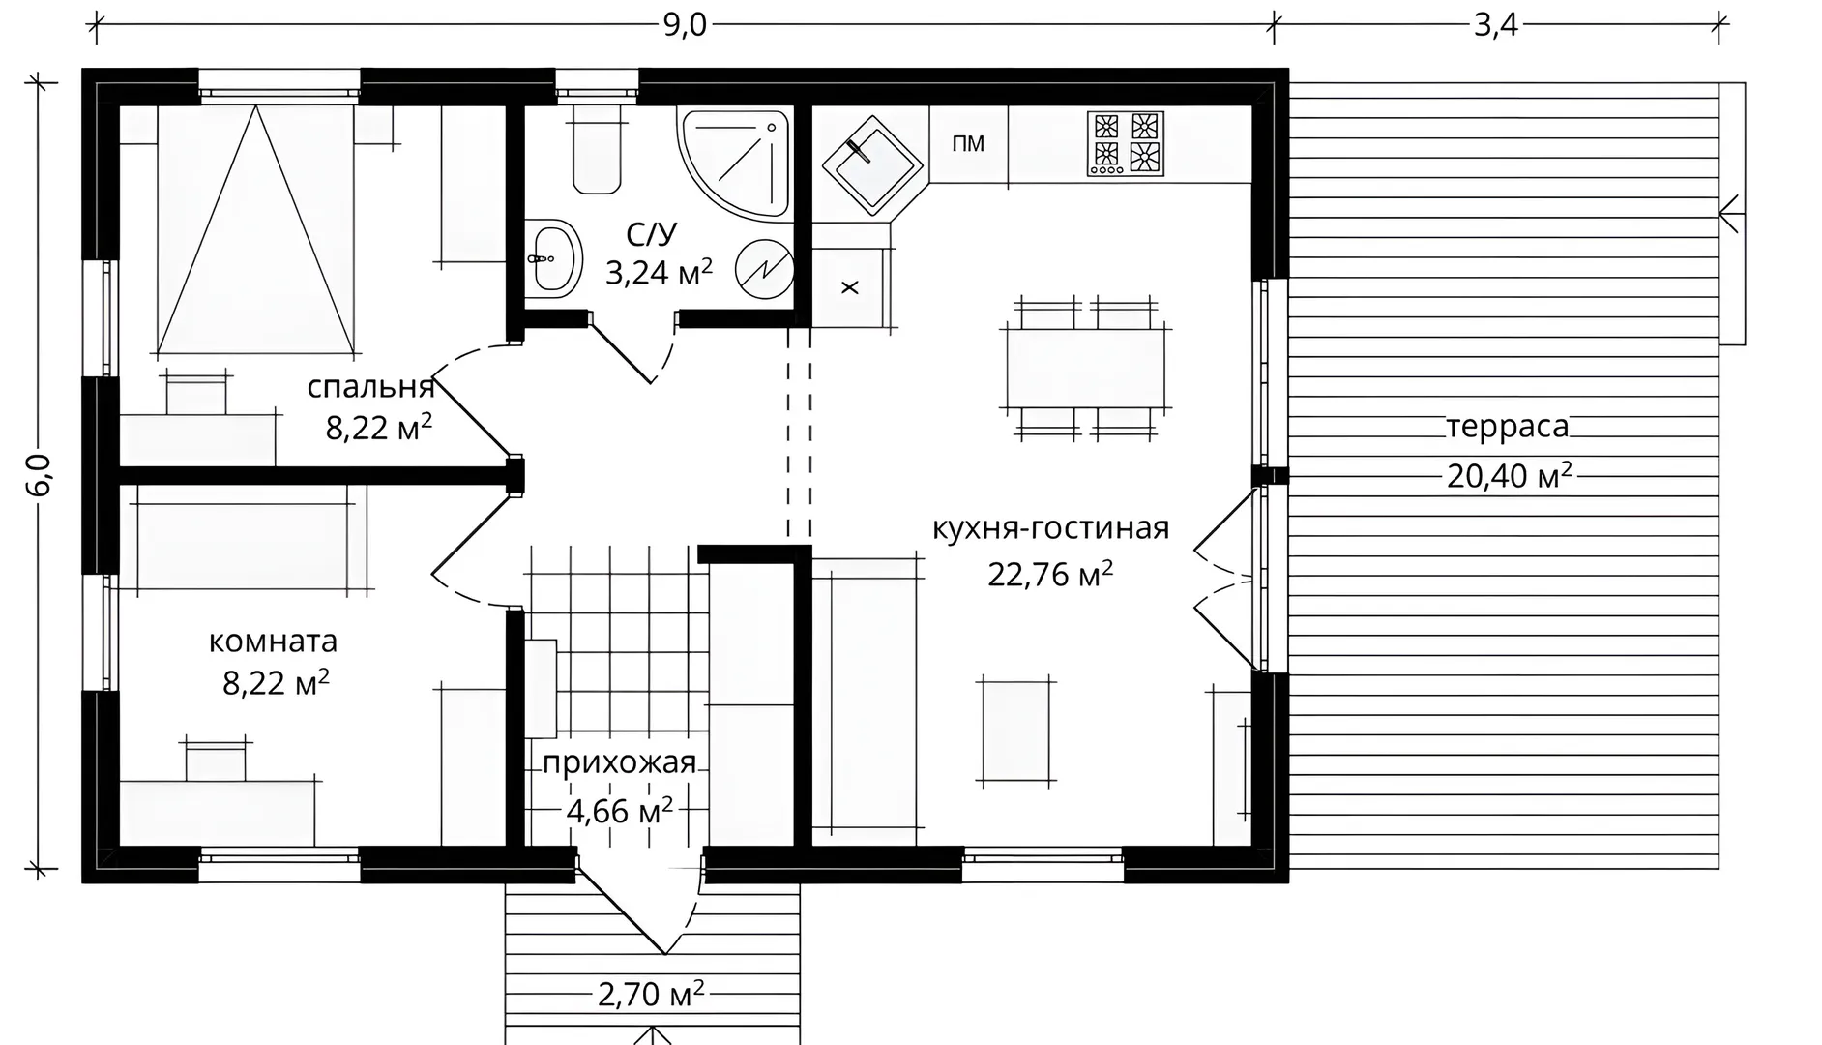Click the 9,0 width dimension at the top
[685, 25]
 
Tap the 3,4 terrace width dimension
[1495, 25]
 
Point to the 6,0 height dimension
[39, 474]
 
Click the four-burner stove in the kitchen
[1126, 143]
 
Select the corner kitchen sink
[869, 165]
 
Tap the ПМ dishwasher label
[968, 144]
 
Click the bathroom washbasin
[554, 257]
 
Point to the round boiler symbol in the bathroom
[764, 269]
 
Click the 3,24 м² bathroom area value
[659, 273]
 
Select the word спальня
[370, 387]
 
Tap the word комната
[274, 642]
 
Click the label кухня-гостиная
[1051, 528]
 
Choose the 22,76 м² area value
[1050, 573]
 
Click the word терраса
[1508, 427]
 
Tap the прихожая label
[619, 763]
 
